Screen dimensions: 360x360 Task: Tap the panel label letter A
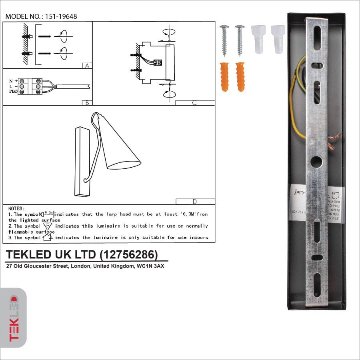point(86,66)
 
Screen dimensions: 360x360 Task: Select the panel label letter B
point(86,103)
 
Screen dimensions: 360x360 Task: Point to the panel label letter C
point(194,103)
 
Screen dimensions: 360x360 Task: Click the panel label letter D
point(194,201)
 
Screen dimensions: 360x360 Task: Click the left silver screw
point(224,40)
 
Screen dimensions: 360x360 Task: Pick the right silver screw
point(240,40)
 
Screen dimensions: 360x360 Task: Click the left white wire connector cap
point(258,39)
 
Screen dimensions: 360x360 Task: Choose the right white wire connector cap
point(278,39)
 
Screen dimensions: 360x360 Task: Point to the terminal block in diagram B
point(31,86)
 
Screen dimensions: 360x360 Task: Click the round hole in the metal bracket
point(316,162)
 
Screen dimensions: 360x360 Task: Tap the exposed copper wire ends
point(334,138)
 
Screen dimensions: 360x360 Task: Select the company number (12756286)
point(128,255)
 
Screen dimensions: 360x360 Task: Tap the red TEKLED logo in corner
point(14,318)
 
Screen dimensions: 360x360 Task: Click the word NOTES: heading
point(16,208)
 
